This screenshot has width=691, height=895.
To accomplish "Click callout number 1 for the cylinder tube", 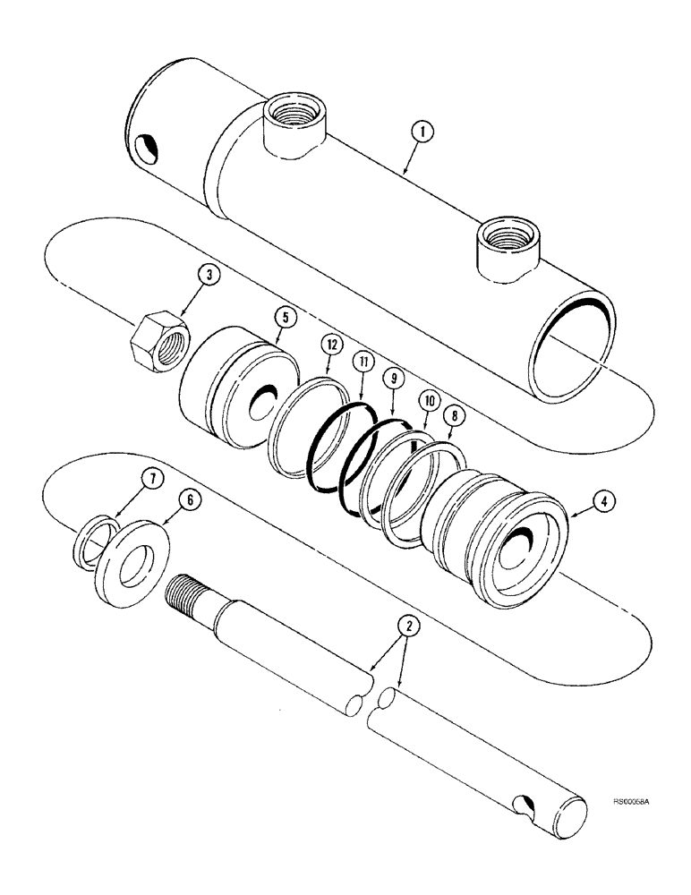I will [424, 132].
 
